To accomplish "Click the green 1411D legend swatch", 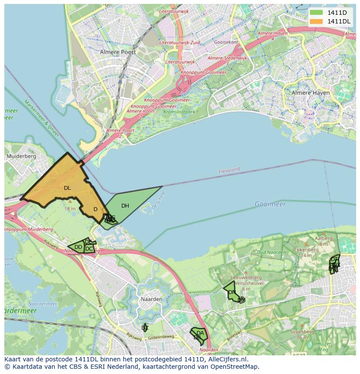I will [317, 13].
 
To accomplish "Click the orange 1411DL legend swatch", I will [317, 21].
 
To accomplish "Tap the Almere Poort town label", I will [118, 52].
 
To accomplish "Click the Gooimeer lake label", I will [270, 204].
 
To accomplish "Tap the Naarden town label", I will [151, 299].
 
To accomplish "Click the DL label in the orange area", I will [67, 188].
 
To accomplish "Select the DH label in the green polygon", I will [125, 206].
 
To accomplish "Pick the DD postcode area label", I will [78, 247].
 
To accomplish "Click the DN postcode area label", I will [232, 292].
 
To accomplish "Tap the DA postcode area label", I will [200, 333].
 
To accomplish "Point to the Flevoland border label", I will [229, 170].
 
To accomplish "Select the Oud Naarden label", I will [271, 252].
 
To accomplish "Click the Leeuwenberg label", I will [246, 277].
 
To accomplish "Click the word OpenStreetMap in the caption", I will [237, 367].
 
